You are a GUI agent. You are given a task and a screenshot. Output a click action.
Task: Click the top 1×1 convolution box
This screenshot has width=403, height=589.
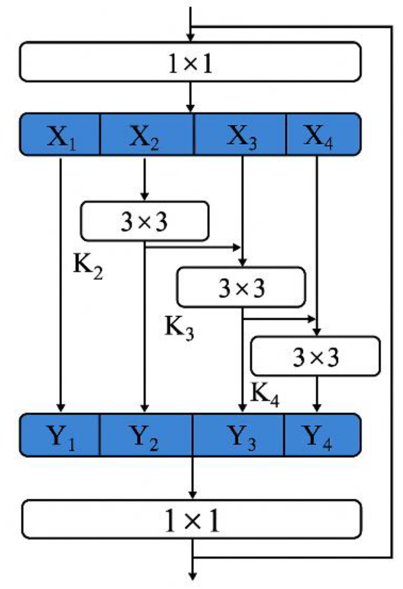click(x=190, y=62)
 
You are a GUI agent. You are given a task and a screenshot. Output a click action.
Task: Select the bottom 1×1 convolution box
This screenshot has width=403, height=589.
click(x=192, y=519)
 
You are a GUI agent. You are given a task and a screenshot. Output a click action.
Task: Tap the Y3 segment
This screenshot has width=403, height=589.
click(x=238, y=435)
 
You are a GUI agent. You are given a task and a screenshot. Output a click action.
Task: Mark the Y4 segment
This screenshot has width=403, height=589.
click(x=322, y=435)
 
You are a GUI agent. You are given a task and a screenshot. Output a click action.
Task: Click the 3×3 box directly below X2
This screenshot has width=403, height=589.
click(x=144, y=221)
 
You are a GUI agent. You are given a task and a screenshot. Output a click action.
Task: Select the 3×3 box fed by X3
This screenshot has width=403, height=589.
click(x=241, y=287)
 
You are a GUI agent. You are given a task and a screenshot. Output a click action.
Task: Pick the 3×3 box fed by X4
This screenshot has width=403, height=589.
click(x=315, y=356)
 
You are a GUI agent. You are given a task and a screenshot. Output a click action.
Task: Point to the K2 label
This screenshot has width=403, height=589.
click(x=88, y=267)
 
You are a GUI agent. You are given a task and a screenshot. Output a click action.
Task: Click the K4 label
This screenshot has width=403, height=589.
click(x=265, y=394)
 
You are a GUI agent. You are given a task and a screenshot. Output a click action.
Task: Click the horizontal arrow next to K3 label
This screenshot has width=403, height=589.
click(x=279, y=319)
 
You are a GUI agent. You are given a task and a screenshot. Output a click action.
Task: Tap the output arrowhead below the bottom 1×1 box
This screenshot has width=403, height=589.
click(x=192, y=575)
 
